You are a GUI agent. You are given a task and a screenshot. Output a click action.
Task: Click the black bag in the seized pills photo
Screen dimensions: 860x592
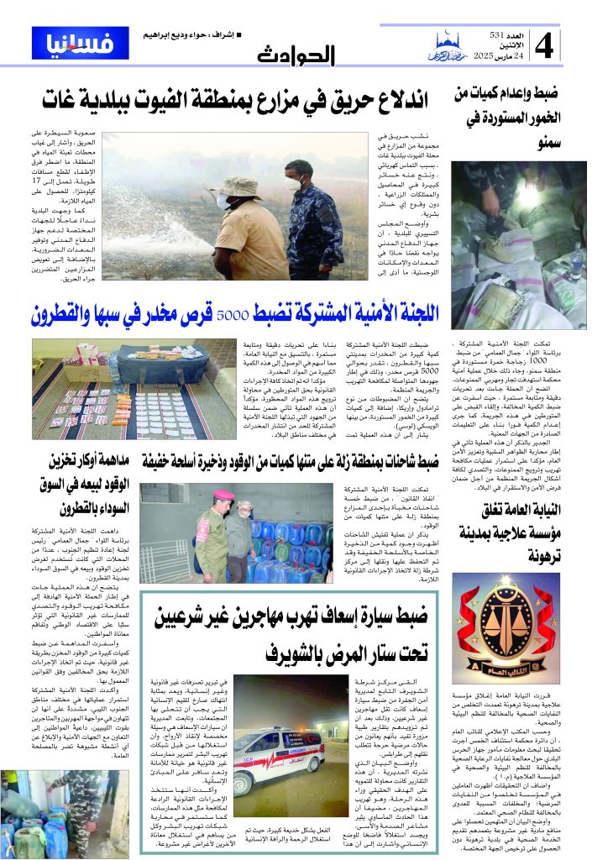coord(163,362)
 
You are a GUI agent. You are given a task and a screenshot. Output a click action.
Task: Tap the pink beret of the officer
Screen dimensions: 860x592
coord(223,496)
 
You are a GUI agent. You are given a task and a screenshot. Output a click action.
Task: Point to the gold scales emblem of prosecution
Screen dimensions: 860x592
coord(519,617)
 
